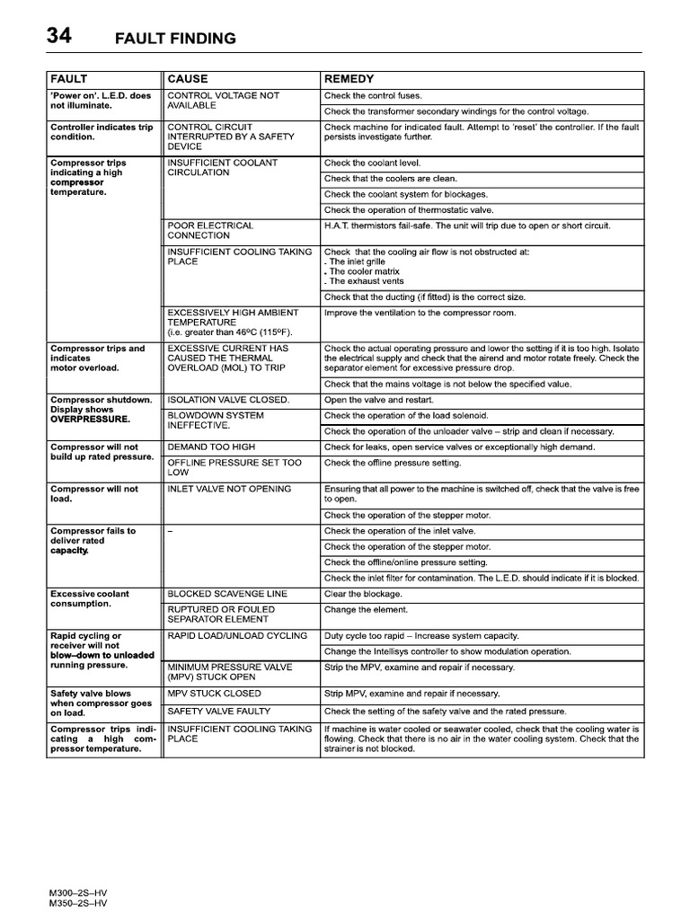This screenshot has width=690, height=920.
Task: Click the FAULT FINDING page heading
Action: click(175, 39)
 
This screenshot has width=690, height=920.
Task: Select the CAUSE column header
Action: click(188, 79)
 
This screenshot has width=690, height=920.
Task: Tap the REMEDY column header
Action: click(349, 79)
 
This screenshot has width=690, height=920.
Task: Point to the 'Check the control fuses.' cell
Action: click(373, 95)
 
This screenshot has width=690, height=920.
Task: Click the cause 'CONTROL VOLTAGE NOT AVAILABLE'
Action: click(223, 101)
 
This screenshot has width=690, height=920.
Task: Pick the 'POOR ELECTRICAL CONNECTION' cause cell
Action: click(210, 230)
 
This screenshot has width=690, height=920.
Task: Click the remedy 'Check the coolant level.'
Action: click(372, 164)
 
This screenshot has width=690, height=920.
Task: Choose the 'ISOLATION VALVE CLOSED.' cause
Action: click(228, 400)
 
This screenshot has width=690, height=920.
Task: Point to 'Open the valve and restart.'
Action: click(378, 400)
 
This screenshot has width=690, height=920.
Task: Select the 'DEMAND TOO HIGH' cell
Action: click(211, 447)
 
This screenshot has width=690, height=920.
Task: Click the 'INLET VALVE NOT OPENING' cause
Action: click(229, 490)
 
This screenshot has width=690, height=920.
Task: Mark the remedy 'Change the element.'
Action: click(366, 610)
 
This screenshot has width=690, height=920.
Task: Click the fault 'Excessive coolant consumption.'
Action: click(90, 599)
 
